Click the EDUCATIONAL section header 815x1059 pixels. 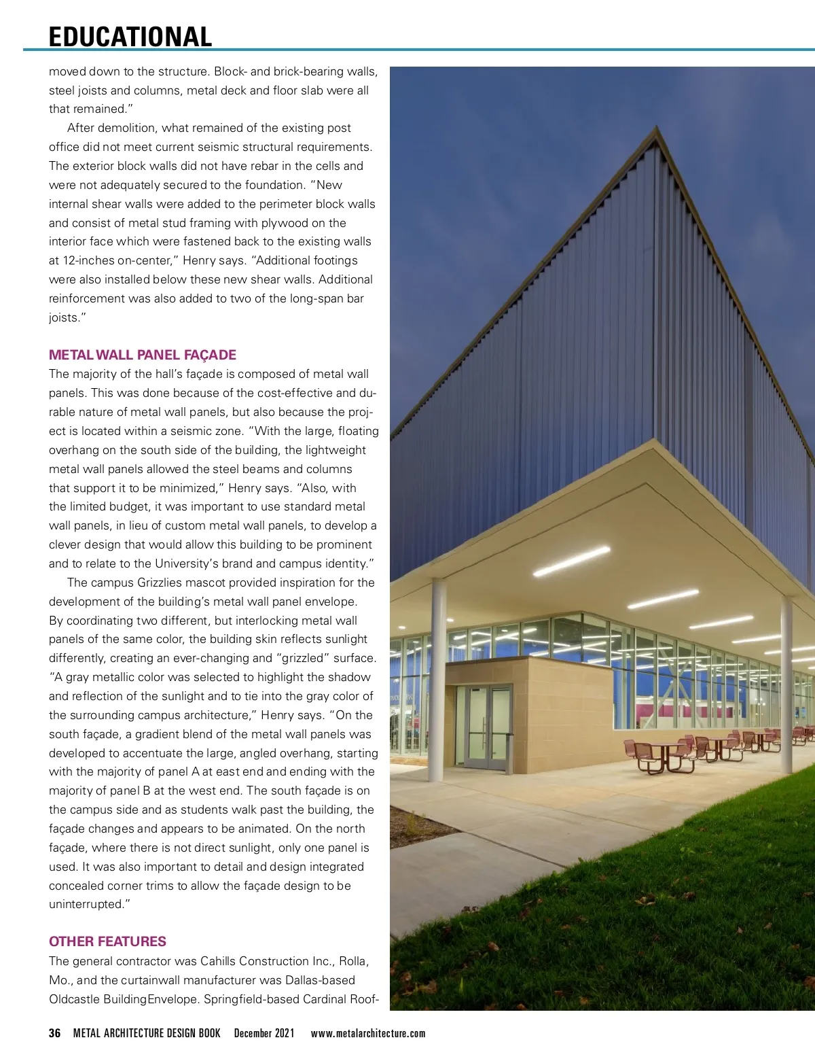pos(130,37)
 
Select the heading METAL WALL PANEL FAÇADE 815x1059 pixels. pos(143,355)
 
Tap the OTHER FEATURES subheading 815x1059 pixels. pos(107,941)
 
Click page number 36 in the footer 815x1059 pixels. pos(54,1033)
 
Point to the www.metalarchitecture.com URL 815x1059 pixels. pos(368,1033)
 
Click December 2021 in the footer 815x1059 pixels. pos(264,1033)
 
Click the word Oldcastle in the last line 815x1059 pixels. pos(74,999)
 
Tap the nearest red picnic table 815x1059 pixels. pos(662,754)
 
